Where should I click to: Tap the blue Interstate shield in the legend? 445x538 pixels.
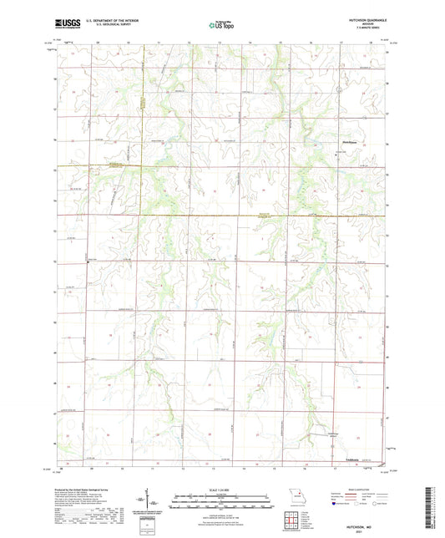point(337,504)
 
